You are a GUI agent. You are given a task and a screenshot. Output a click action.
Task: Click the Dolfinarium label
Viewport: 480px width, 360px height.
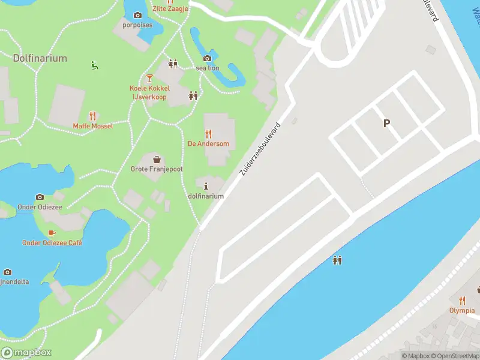(x=40, y=58)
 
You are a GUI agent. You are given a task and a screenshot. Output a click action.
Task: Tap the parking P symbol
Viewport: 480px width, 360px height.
(x=387, y=124)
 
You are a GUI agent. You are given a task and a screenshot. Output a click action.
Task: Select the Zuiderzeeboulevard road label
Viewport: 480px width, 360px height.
(x=260, y=149)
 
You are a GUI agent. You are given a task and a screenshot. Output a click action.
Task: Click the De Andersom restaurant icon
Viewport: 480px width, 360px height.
(x=208, y=134)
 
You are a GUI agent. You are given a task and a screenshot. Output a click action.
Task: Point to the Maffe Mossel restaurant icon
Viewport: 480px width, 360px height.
(x=92, y=116)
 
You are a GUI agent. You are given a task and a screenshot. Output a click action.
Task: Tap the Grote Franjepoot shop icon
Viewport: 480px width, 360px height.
(x=156, y=160)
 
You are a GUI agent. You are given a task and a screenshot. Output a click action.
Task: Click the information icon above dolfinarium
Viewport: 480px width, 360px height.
(x=206, y=186)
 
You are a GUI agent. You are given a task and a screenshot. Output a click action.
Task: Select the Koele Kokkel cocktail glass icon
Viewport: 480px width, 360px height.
(x=149, y=78)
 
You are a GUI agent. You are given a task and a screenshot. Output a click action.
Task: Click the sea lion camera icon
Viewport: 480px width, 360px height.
(x=207, y=58)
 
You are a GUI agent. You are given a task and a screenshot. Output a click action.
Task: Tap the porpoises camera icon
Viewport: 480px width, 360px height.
(x=137, y=15)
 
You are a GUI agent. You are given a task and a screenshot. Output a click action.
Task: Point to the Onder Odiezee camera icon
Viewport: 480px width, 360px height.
(x=40, y=197)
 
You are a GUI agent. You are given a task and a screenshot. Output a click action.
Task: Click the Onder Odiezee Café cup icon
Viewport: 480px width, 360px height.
(x=52, y=233)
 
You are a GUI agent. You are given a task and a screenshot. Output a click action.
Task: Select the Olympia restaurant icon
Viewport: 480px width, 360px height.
(x=461, y=301)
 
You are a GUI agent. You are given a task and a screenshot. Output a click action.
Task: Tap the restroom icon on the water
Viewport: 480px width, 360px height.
(x=337, y=260)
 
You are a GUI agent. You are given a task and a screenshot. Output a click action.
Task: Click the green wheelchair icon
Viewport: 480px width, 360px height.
(x=94, y=65)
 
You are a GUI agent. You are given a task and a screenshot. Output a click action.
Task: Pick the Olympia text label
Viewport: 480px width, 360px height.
(x=461, y=311)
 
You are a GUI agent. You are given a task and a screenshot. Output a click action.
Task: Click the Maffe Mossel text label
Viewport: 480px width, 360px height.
(x=92, y=126)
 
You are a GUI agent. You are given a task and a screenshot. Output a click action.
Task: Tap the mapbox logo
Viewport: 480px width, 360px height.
(x=26, y=353)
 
